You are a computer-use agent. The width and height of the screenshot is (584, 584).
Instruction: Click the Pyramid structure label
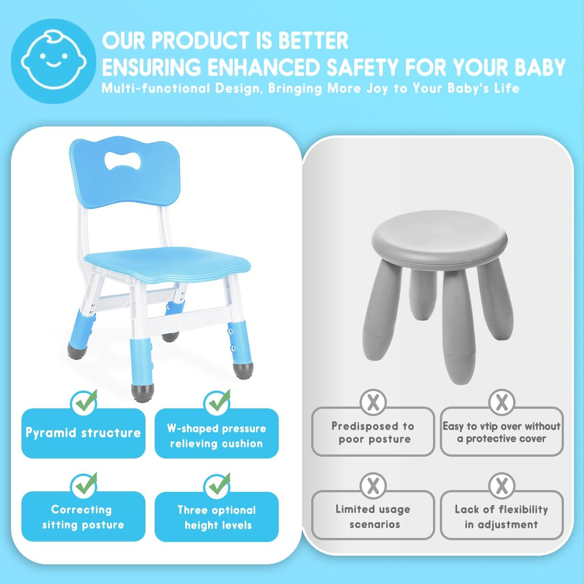pyautogui.click(x=83, y=433)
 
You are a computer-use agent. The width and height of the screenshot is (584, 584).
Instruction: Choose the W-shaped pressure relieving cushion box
pyautogui.click(x=216, y=436)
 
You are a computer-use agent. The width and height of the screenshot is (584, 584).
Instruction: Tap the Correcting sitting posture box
pyautogui.click(x=83, y=517)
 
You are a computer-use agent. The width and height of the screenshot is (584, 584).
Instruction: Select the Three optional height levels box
pyautogui.click(x=216, y=517)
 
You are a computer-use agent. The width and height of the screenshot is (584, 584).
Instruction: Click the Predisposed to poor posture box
pyautogui.click(x=373, y=433)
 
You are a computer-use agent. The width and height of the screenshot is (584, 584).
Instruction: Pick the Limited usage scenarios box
pyautogui.click(x=373, y=516)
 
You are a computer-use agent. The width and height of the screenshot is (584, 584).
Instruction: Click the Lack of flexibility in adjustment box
pyautogui.click(x=501, y=516)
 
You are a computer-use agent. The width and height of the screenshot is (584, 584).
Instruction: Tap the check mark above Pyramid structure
pyautogui.click(x=85, y=401)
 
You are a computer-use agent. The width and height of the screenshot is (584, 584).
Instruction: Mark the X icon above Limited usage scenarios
pyautogui.click(x=373, y=485)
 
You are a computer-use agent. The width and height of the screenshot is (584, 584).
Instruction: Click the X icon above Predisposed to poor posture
pyautogui.click(x=373, y=402)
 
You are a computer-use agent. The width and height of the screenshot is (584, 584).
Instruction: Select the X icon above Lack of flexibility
pyautogui.click(x=501, y=485)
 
